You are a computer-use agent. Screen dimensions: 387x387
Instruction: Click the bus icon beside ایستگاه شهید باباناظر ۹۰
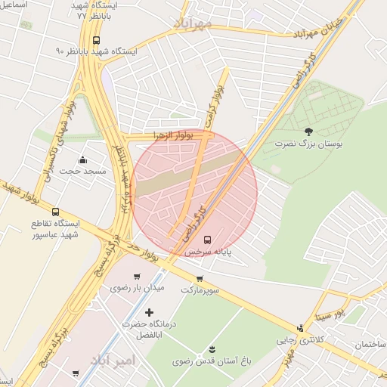pos(96,41)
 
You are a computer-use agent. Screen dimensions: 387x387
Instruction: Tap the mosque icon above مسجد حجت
pos(83,160)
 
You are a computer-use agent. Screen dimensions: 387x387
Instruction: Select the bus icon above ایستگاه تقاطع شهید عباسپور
pos(56,212)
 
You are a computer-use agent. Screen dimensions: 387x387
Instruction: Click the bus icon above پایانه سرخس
pos(209,240)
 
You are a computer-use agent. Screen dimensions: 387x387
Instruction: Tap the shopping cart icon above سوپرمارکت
pos(200,279)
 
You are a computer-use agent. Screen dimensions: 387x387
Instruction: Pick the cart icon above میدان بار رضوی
pos(137,277)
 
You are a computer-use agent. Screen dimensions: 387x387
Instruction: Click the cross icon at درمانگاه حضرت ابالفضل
pos(149,312)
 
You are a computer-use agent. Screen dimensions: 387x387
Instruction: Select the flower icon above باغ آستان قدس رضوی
pos(212,348)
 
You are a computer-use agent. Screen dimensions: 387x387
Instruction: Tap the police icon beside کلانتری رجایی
pos(301,328)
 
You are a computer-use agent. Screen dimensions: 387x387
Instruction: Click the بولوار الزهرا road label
pos(173,135)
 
